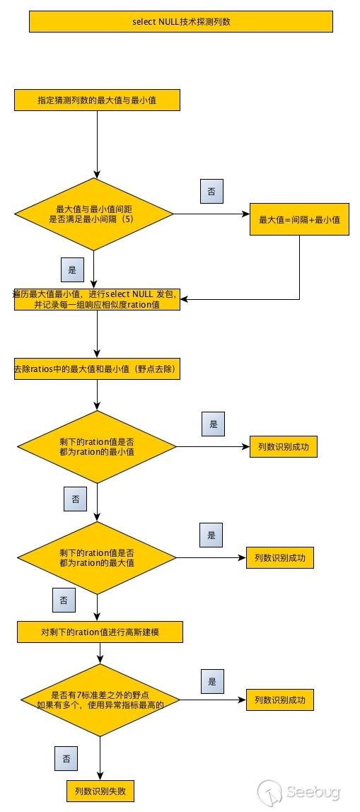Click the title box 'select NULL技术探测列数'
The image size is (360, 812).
click(180, 22)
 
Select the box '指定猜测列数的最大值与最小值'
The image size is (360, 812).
click(97, 100)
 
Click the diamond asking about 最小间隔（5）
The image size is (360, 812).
click(95, 214)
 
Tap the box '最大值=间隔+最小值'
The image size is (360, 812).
click(299, 220)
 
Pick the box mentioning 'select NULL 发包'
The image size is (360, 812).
click(97, 299)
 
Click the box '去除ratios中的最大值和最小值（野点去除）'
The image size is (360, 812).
click(97, 369)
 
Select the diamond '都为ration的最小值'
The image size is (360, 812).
click(97, 447)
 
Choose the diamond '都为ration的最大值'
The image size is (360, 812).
click(97, 557)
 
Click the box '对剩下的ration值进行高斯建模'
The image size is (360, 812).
click(100, 632)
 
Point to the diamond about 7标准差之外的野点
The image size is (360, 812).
click(98, 700)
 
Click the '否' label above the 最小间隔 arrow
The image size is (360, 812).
click(211, 192)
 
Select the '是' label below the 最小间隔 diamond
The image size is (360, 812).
click(71, 269)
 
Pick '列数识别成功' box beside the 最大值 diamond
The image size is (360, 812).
click(279, 557)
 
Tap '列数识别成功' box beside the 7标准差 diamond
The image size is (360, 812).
click(279, 700)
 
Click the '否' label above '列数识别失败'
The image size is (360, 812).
click(66, 759)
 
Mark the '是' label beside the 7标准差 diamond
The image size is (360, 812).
click(212, 681)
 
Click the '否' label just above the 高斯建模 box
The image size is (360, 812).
click(64, 601)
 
